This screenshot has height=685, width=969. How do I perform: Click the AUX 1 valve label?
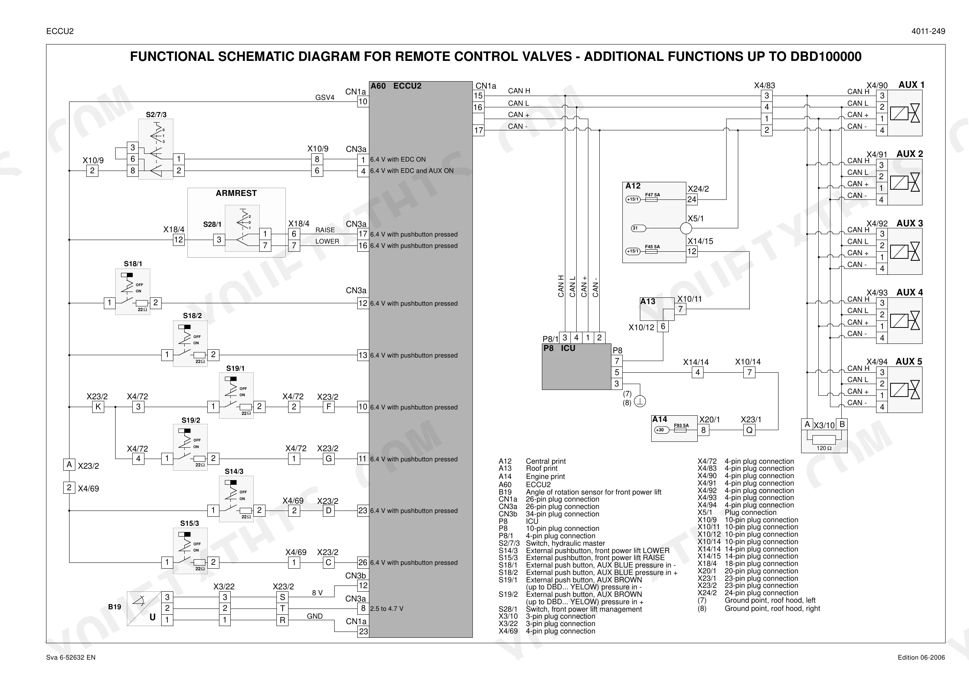pos(911,85)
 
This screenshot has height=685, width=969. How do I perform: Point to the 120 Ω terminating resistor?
pos(824,439)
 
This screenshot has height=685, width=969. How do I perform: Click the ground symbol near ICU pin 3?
pos(640,401)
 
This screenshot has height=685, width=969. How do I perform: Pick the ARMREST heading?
pos(236,193)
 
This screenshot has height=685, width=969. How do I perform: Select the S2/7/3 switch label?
pos(156,114)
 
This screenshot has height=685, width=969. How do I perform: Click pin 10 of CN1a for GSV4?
pos(363,102)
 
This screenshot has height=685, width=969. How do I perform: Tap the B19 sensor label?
pos(114,607)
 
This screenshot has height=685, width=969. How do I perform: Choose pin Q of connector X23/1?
pos(749,430)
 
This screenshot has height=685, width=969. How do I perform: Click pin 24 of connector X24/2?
pos(692,199)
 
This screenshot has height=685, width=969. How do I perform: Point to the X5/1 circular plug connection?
pos(686,228)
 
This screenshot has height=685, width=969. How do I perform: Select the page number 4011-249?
pos(928,31)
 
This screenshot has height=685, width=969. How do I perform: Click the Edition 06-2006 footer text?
pos(921,658)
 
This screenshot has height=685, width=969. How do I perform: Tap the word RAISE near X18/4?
pos(325,230)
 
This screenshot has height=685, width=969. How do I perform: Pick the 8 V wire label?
pos(317,593)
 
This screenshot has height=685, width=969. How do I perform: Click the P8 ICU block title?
pos(559,348)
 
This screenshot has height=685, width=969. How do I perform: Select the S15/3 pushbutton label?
pos(189,523)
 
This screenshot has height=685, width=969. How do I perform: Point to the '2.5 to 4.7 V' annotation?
pos(387,608)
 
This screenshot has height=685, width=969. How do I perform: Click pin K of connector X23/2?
pos(98,407)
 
